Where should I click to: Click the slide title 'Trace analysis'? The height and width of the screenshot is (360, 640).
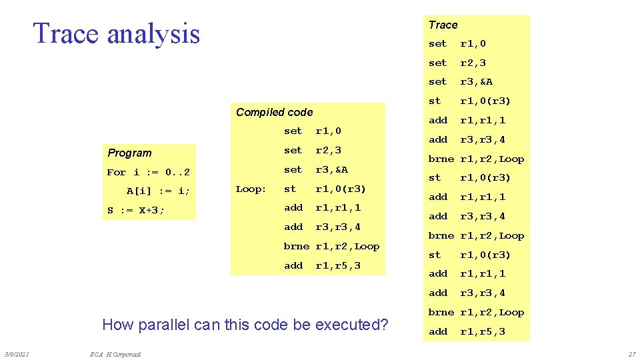pyautogui.click(x=116, y=33)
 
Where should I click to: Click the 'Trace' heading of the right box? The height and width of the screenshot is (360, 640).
pyautogui.click(x=443, y=25)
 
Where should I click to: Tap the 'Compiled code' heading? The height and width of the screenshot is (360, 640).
pyautogui.click(x=274, y=113)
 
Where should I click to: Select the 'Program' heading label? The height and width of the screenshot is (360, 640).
pyautogui.click(x=129, y=153)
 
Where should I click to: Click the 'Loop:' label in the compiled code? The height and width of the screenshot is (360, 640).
pyautogui.click(x=251, y=189)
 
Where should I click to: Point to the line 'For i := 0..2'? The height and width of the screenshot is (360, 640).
pyautogui.click(x=148, y=173)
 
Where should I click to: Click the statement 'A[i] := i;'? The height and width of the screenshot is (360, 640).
pyautogui.click(x=158, y=191)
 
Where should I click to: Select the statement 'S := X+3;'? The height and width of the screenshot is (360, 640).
pyautogui.click(x=135, y=211)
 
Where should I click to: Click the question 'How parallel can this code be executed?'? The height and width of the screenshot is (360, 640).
pyautogui.click(x=245, y=325)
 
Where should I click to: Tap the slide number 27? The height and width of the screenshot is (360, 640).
pyautogui.click(x=631, y=354)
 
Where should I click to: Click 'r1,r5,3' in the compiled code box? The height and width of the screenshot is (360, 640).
pyautogui.click(x=337, y=266)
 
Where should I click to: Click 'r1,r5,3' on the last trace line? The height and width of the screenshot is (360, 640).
pyautogui.click(x=483, y=331)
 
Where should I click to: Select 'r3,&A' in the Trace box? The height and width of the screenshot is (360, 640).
pyautogui.click(x=476, y=82)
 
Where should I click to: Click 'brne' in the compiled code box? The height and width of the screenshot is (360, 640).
pyautogui.click(x=296, y=247)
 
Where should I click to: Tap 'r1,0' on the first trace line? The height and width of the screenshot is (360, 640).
pyautogui.click(x=473, y=44)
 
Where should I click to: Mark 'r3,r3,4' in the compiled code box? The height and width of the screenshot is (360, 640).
pyautogui.click(x=337, y=227)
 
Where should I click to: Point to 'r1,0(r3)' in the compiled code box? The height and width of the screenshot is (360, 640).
pyautogui.click(x=340, y=189)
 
